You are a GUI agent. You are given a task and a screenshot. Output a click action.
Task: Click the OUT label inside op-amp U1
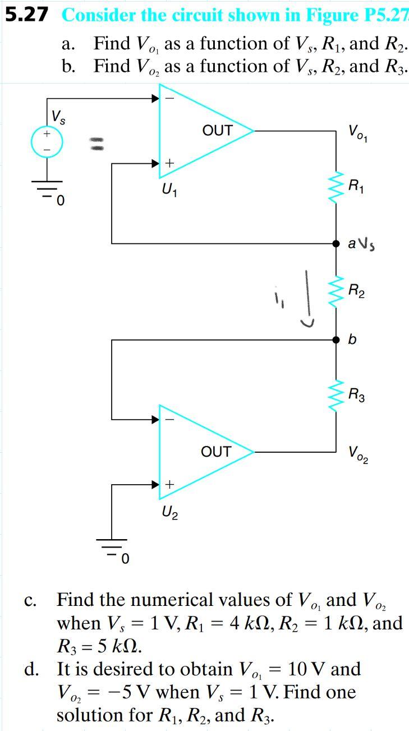click(217, 131)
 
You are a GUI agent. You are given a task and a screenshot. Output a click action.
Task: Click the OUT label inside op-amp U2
click(216, 452)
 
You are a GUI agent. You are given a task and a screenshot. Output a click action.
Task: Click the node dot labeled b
click(336, 340)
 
